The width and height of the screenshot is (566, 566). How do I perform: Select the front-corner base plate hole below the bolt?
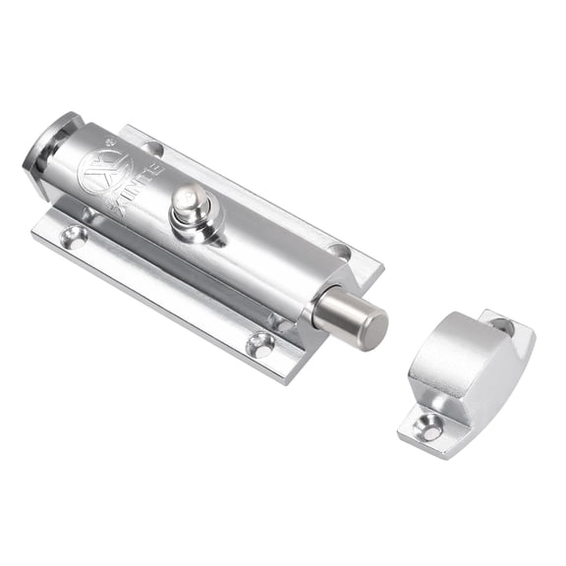[x=261, y=343]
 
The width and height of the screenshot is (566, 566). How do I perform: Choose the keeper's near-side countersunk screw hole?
[x=429, y=425]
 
